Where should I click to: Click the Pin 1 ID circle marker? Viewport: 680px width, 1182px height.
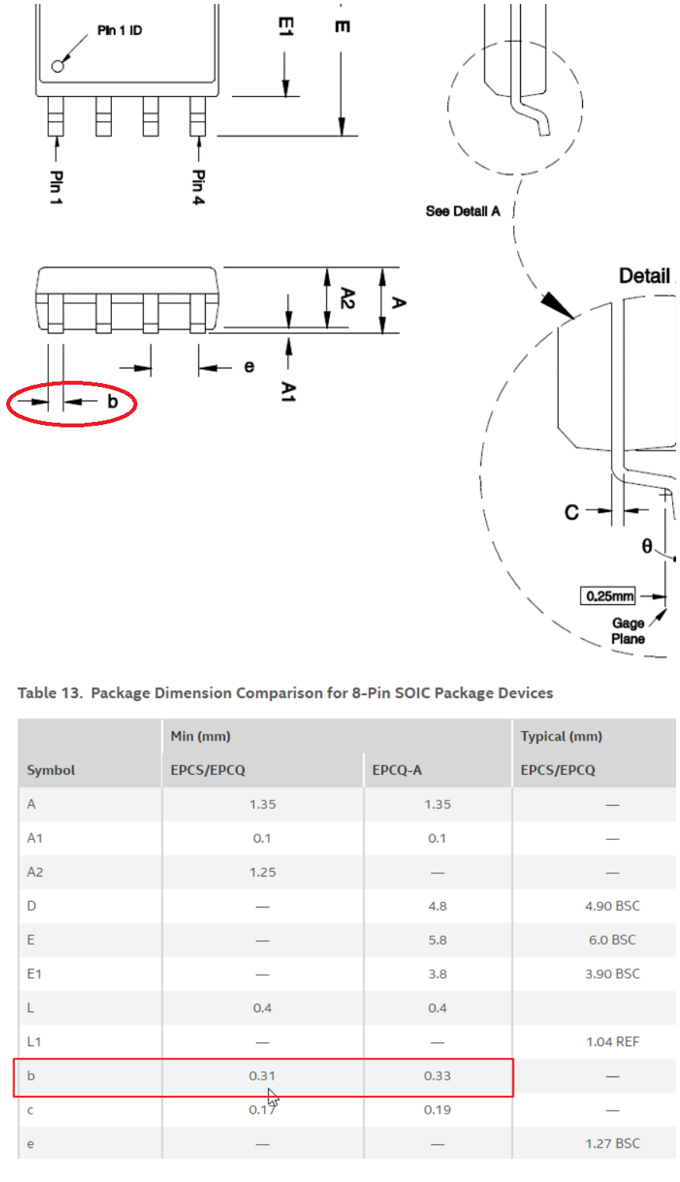(57, 66)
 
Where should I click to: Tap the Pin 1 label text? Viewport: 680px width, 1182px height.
(56, 187)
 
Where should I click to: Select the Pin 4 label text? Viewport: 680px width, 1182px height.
(198, 187)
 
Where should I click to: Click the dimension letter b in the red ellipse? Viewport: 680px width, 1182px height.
(113, 402)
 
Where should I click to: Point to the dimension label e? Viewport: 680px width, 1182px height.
(248, 366)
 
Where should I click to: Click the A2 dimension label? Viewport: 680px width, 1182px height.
(347, 298)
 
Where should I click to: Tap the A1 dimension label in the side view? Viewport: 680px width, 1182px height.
(288, 391)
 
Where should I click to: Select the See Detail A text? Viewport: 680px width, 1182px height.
(463, 211)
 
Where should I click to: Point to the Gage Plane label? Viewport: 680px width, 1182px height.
(627, 631)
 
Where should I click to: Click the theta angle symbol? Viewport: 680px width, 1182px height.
(647, 546)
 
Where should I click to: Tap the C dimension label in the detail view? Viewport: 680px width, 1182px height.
(571, 512)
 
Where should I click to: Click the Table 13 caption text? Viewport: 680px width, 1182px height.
(285, 693)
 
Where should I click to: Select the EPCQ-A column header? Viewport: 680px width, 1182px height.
(397, 770)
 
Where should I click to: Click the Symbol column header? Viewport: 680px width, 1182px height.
(50, 770)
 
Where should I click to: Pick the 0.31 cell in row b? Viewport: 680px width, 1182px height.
(262, 1076)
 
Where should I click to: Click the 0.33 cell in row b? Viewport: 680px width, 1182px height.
(437, 1076)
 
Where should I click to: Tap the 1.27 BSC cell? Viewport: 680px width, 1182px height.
(612, 1143)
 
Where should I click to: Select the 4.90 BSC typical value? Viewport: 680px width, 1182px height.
(612, 906)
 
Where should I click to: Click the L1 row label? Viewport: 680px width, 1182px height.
(34, 1042)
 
